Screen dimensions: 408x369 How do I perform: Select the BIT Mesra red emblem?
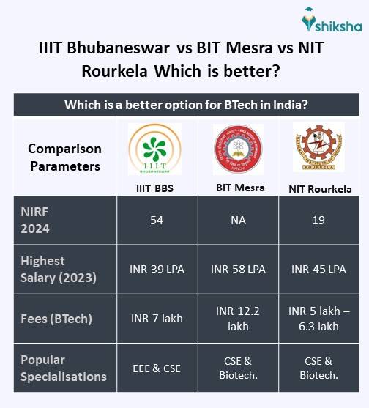pos(238,149)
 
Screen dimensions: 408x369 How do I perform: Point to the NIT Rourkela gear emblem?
pos(318,148)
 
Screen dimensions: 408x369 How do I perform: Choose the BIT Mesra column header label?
pos(238,188)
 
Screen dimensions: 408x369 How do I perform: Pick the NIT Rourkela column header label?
pos(318,189)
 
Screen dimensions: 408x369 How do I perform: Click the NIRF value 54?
pos(157,220)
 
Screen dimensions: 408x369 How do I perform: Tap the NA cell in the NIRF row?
pos(238,220)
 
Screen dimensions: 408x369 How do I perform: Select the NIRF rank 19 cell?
pos(318,220)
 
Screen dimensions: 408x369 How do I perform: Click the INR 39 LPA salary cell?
pos(157,269)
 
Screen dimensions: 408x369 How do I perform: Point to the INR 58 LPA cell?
pos(238,269)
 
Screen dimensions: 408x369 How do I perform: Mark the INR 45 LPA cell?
pos(318,269)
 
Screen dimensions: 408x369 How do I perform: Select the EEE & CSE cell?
pos(157,368)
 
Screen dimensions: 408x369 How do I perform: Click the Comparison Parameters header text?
pos(64,157)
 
